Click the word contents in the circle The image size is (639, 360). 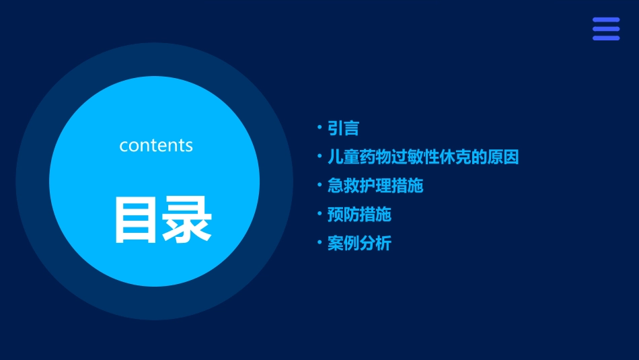tap(156, 145)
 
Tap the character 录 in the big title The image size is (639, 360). tap(188, 220)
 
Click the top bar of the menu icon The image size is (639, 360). tap(605, 20)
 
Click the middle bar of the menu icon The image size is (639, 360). tap(605, 29)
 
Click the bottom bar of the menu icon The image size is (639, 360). tap(605, 38)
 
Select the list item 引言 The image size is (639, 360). tap(343, 129)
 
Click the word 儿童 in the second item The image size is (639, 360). tap(343, 157)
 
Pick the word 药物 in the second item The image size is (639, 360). tap(375, 157)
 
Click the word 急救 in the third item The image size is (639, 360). tap(343, 186)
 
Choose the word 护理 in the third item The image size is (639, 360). tap(375, 186)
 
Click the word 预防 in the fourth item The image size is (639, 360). tap(343, 215)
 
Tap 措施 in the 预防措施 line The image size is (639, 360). tap(375, 215)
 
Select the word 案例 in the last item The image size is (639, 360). tap(343, 244)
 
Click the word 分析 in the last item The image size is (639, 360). tap(375, 244)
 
